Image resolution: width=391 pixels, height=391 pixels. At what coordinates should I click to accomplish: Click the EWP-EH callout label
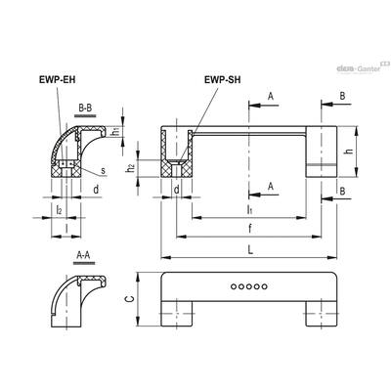57,80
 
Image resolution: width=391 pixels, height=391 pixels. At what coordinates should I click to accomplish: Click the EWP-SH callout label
223,80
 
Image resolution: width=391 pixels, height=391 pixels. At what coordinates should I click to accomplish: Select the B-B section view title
85,108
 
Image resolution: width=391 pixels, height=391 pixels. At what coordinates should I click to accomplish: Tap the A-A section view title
83,255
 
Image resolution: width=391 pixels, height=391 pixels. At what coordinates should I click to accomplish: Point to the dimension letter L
250,250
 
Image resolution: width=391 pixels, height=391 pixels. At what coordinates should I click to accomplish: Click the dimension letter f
250,229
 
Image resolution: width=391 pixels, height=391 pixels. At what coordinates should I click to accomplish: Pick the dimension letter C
130,300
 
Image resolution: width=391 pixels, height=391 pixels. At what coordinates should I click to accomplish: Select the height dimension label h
350,151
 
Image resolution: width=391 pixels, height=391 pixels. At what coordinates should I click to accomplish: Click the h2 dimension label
131,168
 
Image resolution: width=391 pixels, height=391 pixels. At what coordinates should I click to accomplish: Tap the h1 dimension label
115,132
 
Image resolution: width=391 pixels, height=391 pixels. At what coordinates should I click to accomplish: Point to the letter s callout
103,170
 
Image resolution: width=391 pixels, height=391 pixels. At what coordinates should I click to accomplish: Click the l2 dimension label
59,210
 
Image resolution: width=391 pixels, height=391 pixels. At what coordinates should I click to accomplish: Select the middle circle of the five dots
249,286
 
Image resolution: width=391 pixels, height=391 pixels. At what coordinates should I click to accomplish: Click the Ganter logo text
369,68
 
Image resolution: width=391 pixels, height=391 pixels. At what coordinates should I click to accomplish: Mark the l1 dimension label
249,210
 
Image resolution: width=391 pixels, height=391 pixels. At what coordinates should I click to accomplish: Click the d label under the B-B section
96,190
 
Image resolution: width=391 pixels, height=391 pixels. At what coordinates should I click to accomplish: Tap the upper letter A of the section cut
270,97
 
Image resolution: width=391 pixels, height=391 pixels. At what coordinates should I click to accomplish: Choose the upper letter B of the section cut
342,96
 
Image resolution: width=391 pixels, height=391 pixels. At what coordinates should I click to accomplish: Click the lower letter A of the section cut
270,187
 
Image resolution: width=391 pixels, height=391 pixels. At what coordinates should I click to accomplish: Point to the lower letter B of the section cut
342,192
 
